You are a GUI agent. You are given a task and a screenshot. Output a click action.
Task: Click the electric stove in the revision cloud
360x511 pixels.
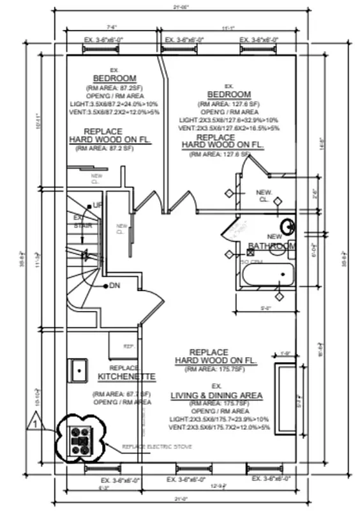click(80, 440)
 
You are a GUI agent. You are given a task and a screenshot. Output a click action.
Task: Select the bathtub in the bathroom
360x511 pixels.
click(267, 275)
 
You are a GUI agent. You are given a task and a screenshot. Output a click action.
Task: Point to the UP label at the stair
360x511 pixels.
click(98, 205)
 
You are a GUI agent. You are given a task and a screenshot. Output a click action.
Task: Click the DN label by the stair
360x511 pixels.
click(115, 285)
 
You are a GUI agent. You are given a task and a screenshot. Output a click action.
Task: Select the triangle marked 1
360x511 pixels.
click(36, 422)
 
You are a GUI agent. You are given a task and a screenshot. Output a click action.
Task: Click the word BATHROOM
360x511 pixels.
click(272, 246)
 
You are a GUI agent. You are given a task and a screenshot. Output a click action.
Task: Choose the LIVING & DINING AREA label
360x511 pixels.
click(216, 396)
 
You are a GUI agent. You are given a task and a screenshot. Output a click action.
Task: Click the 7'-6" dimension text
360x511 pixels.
click(112, 27)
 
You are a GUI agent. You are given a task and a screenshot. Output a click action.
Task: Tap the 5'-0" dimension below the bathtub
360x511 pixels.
click(266, 309)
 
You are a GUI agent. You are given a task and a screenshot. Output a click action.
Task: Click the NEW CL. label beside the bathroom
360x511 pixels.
click(264, 195)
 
